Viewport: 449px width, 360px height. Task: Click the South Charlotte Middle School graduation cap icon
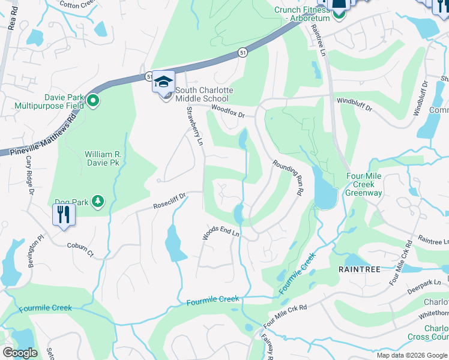(163, 82)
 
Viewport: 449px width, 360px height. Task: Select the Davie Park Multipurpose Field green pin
(92, 101)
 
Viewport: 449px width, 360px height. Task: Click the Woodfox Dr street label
(229, 110)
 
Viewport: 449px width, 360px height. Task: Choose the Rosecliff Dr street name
(170, 200)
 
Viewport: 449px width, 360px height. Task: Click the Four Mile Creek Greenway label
(364, 184)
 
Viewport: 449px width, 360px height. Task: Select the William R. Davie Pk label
(103, 158)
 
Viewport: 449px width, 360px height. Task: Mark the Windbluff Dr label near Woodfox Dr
(354, 106)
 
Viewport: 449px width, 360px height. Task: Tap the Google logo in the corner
(20, 353)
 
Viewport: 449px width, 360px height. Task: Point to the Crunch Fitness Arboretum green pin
(340, 13)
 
